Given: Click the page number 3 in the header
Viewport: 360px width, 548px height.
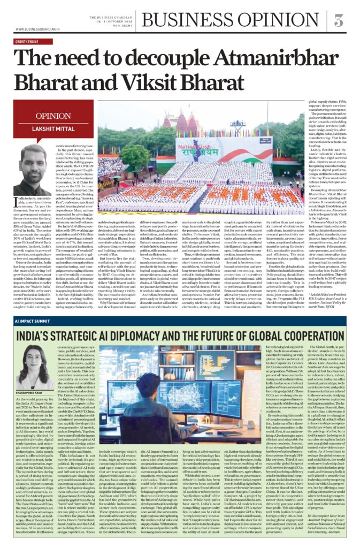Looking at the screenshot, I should (339, 20).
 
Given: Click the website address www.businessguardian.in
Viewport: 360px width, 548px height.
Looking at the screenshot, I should (37, 29).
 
